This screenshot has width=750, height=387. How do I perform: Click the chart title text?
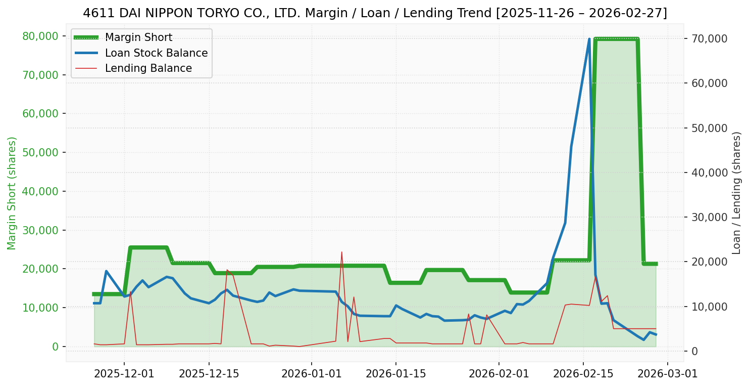point(375,13)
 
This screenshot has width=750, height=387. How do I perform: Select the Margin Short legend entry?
point(138,37)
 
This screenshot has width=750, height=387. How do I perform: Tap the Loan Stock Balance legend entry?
point(156,53)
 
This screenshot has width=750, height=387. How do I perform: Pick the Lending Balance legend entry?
point(148,68)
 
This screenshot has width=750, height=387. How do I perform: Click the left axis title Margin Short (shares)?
point(12,193)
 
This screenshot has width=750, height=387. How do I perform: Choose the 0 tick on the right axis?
point(695,351)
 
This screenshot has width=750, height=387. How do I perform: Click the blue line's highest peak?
point(589,39)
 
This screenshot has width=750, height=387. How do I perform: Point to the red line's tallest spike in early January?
point(341,252)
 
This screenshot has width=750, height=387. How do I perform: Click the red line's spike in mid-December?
point(227,270)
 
